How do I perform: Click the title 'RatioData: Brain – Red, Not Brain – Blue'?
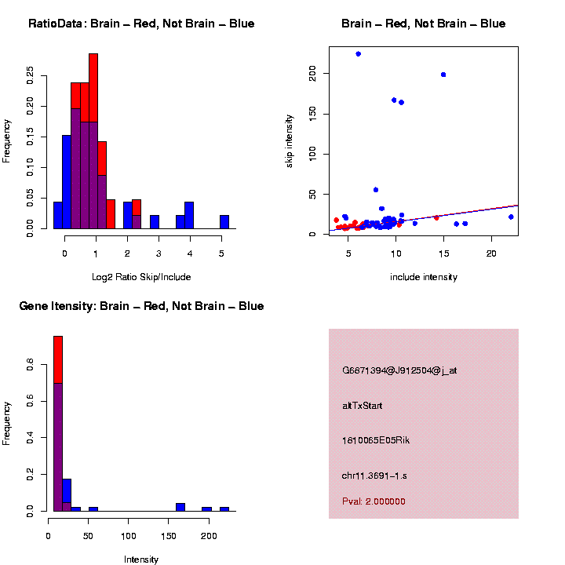click(x=141, y=24)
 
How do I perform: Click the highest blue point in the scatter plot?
click(x=359, y=54)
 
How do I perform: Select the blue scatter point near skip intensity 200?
click(x=443, y=75)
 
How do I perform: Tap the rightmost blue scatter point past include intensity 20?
click(x=511, y=217)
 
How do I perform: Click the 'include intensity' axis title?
click(x=423, y=277)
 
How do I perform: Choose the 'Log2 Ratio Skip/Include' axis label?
click(x=141, y=277)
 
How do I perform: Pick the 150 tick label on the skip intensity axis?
click(x=312, y=114)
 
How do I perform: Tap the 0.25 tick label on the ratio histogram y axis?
click(x=31, y=75)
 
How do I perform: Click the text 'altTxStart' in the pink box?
click(x=362, y=406)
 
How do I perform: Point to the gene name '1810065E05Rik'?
click(x=375, y=440)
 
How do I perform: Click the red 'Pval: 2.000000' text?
click(x=374, y=501)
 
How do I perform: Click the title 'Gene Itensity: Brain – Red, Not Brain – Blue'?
click(x=141, y=306)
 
